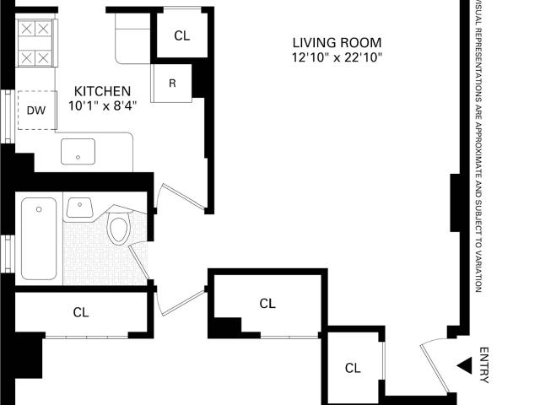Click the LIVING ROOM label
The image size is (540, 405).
(337, 43)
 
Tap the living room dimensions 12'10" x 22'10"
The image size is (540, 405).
(337, 57)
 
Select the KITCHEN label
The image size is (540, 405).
(103, 91)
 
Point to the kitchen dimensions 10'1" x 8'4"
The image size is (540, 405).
(103, 105)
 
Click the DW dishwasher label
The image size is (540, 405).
(36, 111)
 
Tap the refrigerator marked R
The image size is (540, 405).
(171, 83)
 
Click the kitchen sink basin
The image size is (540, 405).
(78, 152)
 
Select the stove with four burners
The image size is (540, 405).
(35, 43)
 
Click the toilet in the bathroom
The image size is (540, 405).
(119, 227)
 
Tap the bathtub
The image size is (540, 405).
(39, 238)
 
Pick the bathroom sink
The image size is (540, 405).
(79, 208)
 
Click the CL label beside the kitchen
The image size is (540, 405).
(182, 35)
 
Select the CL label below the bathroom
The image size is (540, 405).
(81, 312)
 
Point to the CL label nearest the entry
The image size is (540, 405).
(353, 368)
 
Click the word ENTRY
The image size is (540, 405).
(484, 365)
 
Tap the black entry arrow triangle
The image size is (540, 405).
(465, 365)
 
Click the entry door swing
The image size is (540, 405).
(435, 365)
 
